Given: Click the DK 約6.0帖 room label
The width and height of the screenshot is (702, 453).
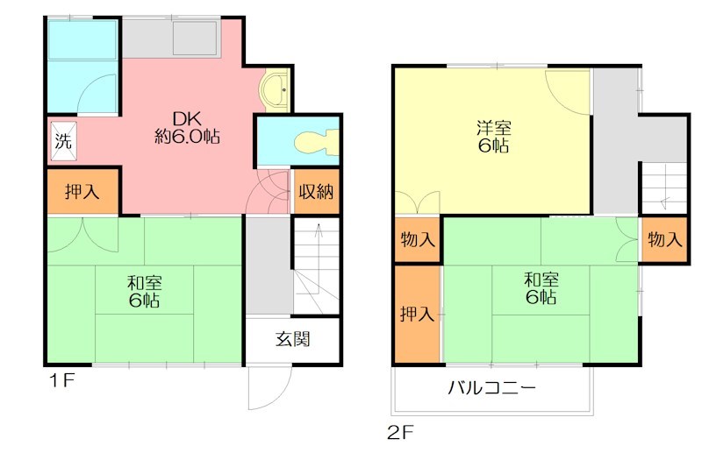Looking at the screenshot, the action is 188,127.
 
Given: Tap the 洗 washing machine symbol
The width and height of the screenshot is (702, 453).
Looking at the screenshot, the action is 63,141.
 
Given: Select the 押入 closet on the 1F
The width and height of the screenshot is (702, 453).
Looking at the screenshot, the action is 82,191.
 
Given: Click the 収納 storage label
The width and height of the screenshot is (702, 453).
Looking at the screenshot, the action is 317,192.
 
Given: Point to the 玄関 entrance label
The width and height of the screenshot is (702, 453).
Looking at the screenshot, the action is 293,339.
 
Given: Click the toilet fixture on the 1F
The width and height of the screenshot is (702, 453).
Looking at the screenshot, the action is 317,143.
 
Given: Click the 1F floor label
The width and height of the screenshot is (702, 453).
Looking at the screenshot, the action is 61,380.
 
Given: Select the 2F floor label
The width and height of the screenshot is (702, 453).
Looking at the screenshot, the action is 401,433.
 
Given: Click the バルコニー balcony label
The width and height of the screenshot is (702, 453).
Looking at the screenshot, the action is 492,387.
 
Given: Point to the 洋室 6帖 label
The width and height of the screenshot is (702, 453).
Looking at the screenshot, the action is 493,137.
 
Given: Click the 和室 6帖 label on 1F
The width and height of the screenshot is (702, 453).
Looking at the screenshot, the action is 145,292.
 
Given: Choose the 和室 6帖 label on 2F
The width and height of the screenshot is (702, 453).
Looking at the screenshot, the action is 541,288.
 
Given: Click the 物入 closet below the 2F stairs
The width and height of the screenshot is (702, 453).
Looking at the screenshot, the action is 665,239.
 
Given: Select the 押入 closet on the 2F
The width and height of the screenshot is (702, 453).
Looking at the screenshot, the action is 418,314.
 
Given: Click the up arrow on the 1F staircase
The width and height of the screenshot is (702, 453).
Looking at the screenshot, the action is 319,258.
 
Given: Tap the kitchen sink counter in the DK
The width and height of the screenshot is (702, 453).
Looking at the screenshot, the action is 170,39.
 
